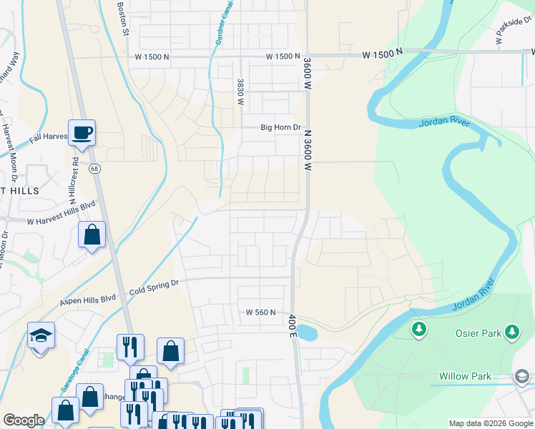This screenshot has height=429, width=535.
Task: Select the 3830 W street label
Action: (241, 92)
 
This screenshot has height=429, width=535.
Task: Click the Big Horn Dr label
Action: (278, 128)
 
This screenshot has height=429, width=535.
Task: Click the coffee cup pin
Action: (82, 132)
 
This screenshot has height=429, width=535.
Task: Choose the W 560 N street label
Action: (261, 312)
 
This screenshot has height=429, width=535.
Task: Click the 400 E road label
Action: (293, 325)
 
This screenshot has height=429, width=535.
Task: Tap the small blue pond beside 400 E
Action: (305, 332)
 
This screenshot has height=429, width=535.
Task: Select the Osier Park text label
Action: (478, 332)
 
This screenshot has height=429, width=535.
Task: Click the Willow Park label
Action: (464, 376)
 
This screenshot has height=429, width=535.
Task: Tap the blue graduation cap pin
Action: (41, 335)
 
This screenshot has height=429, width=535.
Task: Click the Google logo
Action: (24, 420)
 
